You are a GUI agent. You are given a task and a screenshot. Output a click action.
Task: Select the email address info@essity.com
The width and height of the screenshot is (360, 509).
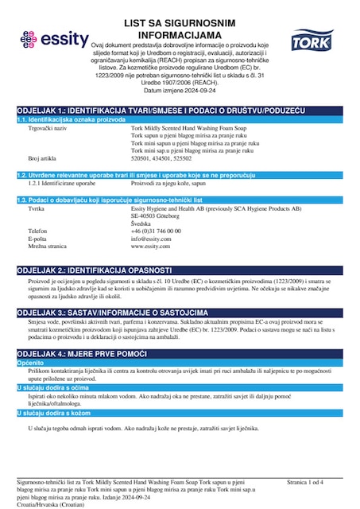pyautogui.click(x=152, y=239)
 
